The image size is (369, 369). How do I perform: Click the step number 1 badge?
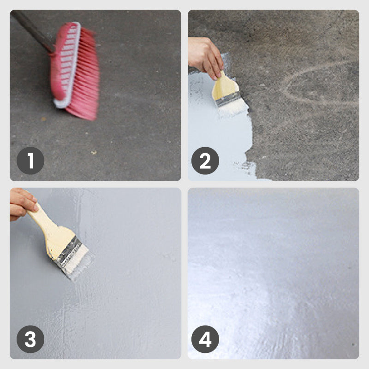[30, 161]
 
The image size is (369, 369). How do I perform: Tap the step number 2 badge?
[205, 161]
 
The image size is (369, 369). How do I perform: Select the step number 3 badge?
[30, 339]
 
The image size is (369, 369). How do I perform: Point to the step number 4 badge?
[205, 339]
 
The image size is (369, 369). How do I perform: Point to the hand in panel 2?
[204, 56]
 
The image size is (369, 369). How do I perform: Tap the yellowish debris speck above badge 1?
[94, 153]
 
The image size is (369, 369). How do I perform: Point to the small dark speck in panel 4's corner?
[353, 345]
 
